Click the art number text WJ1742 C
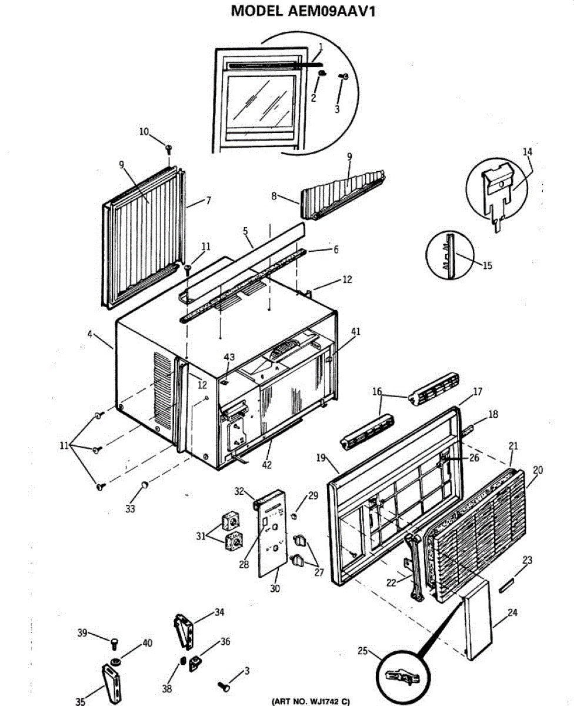310,700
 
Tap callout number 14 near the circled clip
526,151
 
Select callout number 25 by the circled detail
362,651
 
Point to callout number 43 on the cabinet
229,358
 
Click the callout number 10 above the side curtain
144,132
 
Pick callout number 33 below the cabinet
130,508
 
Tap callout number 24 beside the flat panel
512,612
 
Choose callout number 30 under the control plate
275,588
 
